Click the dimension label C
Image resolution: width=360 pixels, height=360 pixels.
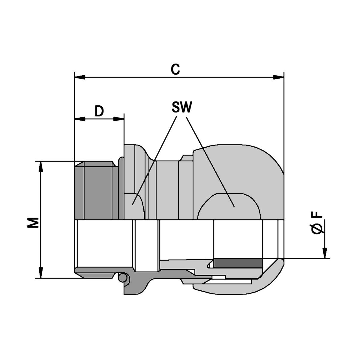tap(175, 69)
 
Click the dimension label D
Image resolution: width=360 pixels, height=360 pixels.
tap(99, 111)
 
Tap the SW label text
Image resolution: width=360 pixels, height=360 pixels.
tap(181, 107)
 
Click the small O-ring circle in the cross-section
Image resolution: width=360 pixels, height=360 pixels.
tap(122, 278)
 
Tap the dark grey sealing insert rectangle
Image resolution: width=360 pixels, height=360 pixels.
tap(238, 263)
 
